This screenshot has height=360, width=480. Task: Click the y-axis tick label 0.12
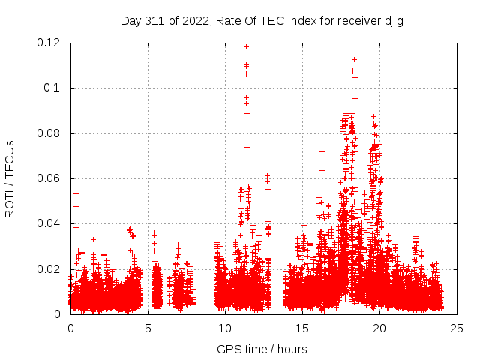[49, 43]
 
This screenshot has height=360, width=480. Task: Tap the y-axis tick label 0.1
[54, 88]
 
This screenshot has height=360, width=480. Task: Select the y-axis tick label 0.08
[49, 133]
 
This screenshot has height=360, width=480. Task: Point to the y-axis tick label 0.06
[49, 178]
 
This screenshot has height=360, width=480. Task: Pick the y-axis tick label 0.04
[49, 223]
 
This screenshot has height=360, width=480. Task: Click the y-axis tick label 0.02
[49, 268]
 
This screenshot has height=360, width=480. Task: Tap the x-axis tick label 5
[148, 328]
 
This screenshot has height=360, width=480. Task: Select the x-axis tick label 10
[225, 328]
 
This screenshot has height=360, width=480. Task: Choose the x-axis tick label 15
[302, 328]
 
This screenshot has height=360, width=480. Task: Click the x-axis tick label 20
[379, 328]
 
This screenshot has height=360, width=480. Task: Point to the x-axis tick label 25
[457, 328]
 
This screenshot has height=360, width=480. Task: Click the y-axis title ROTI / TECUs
[10, 178]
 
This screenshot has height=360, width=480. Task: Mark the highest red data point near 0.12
[246, 46]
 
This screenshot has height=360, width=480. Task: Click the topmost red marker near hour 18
[354, 59]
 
